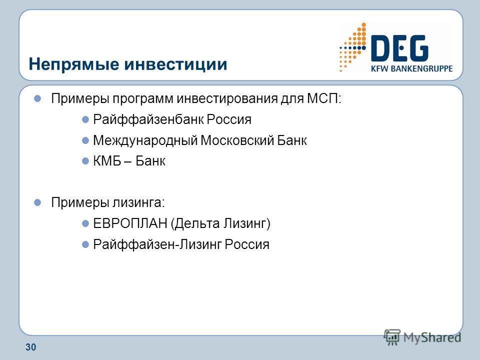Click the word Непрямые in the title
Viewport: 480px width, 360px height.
74,64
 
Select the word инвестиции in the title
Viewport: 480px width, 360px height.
175,64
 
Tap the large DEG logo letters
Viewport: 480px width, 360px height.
399,48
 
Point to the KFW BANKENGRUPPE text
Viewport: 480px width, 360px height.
411,68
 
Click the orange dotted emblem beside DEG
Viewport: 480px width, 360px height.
353,47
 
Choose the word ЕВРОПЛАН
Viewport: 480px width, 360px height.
130,223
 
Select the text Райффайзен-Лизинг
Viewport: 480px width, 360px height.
157,244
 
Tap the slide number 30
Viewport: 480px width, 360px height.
30,347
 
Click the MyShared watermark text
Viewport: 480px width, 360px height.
432,337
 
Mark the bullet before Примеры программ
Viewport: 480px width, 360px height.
37,98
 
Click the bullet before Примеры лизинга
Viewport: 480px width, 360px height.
37,202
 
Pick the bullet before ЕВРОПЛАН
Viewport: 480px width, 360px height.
85,224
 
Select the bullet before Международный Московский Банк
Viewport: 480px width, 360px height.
85,141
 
